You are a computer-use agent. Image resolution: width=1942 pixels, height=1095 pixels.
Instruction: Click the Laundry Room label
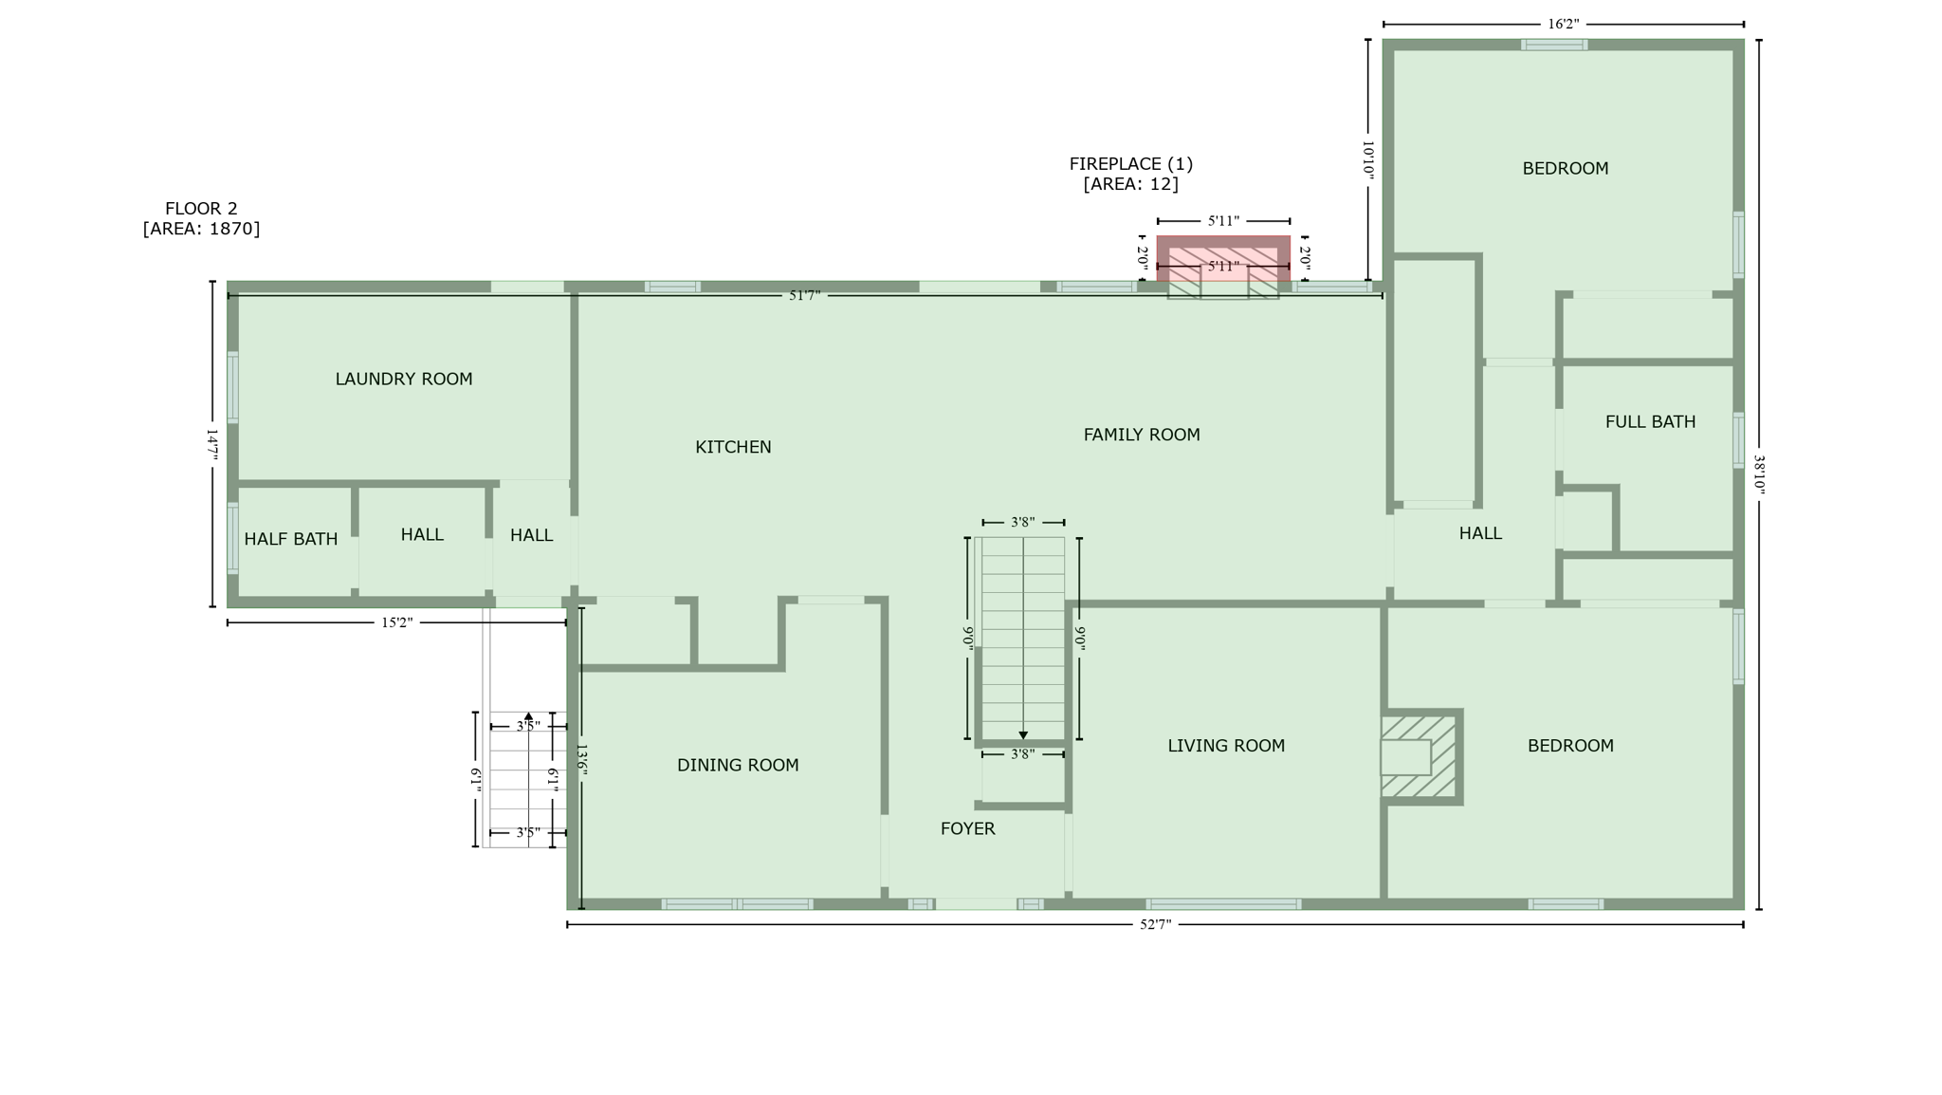tap(404, 380)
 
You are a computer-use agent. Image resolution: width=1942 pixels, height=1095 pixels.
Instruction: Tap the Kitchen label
tap(733, 447)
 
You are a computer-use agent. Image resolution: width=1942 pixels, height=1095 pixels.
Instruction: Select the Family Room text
tap(1142, 435)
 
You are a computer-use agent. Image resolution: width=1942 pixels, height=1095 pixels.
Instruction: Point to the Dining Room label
tap(738, 765)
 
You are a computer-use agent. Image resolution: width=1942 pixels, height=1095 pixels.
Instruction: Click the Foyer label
tap(968, 828)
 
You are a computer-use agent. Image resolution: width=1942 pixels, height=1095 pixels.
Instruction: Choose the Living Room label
tap(1226, 746)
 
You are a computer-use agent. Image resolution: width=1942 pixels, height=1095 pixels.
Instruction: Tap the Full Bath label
tap(1650, 422)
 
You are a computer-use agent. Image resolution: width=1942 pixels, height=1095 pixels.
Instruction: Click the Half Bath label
tap(291, 539)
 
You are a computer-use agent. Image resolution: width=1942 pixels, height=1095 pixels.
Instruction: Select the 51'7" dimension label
tap(804, 296)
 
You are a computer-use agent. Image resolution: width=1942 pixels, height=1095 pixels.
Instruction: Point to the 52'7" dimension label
tap(1155, 925)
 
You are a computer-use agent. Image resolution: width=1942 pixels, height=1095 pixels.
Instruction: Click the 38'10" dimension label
tap(1759, 474)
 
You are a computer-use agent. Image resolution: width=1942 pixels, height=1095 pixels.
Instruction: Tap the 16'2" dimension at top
tap(1564, 25)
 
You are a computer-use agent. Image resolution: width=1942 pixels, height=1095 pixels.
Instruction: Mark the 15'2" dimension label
tap(397, 623)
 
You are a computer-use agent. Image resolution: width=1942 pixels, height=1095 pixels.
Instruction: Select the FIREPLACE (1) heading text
tap(1131, 164)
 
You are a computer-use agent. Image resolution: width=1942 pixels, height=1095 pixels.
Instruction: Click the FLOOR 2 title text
tap(201, 209)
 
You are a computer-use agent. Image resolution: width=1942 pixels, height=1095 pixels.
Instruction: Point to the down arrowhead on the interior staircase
tap(1023, 735)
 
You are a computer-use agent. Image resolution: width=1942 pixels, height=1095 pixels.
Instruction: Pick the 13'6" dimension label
tap(582, 760)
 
